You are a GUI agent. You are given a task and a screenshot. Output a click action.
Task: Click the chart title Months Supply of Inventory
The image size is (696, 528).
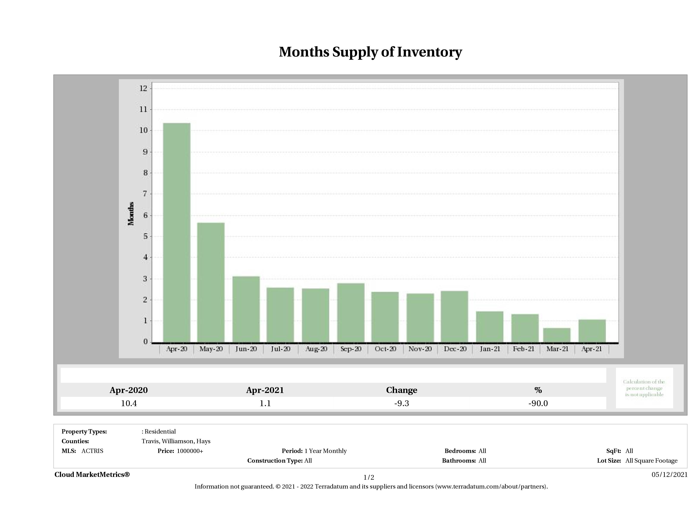(x=370, y=52)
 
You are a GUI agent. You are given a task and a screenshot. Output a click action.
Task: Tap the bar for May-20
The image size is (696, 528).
(x=211, y=282)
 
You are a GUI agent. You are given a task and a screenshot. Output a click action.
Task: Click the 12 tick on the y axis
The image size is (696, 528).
(x=143, y=88)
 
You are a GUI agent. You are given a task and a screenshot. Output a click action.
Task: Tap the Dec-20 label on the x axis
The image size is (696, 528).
(x=455, y=349)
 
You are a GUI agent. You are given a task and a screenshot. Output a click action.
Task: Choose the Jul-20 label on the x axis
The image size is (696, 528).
(x=280, y=349)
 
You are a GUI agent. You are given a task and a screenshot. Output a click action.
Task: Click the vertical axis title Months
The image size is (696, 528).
(x=131, y=214)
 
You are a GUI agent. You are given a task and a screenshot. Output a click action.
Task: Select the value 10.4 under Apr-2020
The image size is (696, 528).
(x=129, y=403)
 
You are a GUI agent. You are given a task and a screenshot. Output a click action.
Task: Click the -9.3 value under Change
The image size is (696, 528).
(x=402, y=403)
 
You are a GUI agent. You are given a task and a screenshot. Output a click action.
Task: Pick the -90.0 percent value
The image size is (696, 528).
(x=538, y=403)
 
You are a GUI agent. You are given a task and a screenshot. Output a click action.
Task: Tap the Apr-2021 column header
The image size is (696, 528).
(x=265, y=390)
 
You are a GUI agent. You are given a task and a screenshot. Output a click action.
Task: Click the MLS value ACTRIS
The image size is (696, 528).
(x=92, y=451)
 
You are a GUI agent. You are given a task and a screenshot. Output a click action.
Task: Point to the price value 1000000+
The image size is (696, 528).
(x=190, y=451)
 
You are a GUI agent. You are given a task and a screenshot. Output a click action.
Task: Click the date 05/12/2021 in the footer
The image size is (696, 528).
(x=669, y=475)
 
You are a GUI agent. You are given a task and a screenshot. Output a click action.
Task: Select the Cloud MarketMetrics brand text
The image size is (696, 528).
(x=92, y=475)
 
